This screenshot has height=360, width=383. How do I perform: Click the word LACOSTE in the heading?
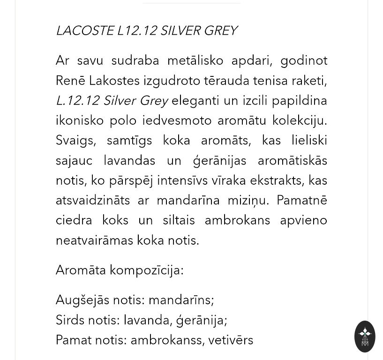click(x=85, y=31)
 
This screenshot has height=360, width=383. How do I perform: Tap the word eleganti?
click(x=195, y=101)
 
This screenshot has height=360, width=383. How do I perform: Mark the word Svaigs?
click(x=73, y=141)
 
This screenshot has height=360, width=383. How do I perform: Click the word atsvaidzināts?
click(x=93, y=201)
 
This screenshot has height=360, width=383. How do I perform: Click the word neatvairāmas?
click(x=94, y=240)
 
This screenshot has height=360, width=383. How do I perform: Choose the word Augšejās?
click(x=82, y=300)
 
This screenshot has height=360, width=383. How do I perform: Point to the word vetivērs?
click(x=231, y=340)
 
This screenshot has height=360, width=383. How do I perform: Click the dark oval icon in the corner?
click(x=365, y=336)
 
